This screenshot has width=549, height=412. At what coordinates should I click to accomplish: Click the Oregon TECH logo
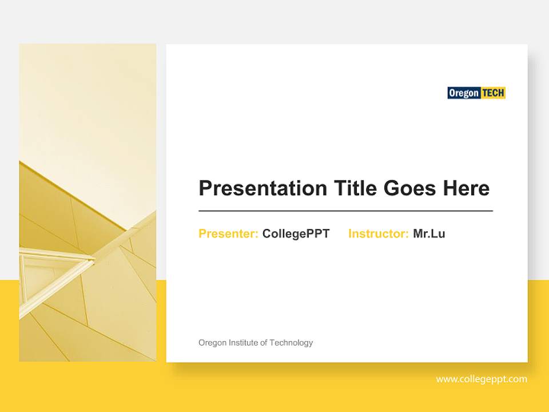(x=476, y=93)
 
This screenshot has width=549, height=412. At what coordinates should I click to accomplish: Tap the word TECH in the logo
(x=493, y=93)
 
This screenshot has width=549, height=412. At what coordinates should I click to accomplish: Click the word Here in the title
(x=466, y=188)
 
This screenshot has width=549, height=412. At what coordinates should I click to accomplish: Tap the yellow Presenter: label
(x=228, y=233)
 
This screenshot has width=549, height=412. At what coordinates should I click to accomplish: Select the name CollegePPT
(x=296, y=233)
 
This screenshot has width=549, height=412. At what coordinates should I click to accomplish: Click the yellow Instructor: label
(x=378, y=233)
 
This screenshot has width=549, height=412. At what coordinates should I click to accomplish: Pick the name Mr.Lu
(x=429, y=233)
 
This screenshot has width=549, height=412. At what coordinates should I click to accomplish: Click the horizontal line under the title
(x=345, y=211)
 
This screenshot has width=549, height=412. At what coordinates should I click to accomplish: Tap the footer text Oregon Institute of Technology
(x=256, y=343)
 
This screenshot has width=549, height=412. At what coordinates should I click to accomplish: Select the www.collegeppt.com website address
(x=482, y=379)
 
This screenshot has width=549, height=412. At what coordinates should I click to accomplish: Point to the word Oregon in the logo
(x=464, y=93)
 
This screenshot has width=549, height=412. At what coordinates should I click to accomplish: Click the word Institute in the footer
(x=243, y=343)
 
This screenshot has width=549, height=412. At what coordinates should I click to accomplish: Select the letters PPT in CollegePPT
(x=318, y=233)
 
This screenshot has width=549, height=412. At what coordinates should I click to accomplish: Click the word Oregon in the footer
(x=212, y=343)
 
